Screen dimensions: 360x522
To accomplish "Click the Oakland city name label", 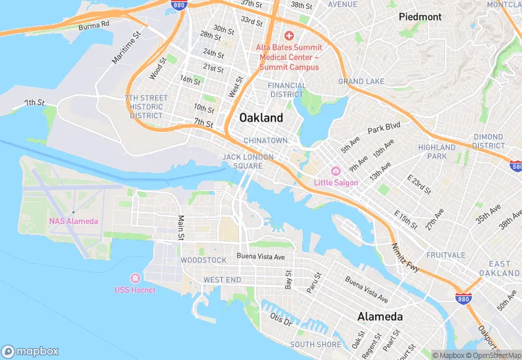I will [x=261, y=117].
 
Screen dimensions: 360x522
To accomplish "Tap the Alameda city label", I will [x=380, y=317].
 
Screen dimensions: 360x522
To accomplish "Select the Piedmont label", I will [x=420, y=16].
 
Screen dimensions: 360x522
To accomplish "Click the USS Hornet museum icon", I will [x=135, y=278].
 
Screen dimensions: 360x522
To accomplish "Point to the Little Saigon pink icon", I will [x=336, y=171].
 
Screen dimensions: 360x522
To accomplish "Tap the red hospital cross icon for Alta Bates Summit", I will [x=288, y=35].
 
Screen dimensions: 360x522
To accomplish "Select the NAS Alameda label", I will [x=73, y=221].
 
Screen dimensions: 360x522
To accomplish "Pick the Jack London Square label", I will [x=247, y=161].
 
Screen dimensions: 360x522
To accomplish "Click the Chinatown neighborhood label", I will [x=266, y=141].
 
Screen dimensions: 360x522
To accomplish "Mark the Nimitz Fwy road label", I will [x=405, y=256].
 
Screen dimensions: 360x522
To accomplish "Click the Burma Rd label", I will [x=93, y=26].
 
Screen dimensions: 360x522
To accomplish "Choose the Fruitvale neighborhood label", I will [x=446, y=254].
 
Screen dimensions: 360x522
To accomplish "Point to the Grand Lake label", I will [x=361, y=82].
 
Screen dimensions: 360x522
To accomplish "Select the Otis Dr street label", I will [x=281, y=319].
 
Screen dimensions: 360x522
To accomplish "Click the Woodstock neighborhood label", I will [x=203, y=260].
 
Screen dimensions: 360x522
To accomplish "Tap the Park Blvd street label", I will [x=383, y=128].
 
